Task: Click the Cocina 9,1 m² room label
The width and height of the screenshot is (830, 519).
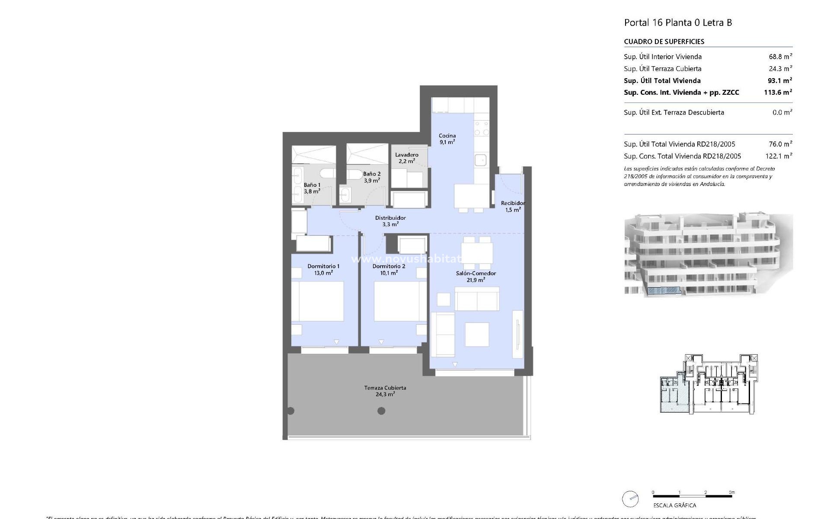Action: (447, 139)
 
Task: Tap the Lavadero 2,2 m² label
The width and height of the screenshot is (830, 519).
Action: (406, 158)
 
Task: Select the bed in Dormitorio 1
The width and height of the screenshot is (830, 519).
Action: (317, 301)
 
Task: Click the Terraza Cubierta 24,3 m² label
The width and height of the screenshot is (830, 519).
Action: (385, 391)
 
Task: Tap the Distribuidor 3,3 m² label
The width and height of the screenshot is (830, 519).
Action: (390, 221)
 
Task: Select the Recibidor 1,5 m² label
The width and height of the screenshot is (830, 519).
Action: (513, 206)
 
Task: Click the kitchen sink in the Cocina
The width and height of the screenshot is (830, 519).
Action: (481, 160)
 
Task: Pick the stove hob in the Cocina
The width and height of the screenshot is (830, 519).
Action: (481, 128)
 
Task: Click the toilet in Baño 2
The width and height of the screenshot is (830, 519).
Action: (355, 175)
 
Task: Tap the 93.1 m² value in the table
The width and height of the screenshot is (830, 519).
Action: (778, 80)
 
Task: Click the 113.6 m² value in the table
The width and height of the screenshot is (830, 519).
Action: (778, 92)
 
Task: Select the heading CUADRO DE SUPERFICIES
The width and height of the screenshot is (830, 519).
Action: (664, 42)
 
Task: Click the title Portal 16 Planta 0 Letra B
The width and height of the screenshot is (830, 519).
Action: (678, 22)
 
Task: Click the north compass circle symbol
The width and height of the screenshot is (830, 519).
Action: (630, 499)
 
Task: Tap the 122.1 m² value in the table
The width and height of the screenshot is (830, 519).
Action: (779, 156)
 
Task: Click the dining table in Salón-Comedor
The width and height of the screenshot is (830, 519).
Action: (476, 253)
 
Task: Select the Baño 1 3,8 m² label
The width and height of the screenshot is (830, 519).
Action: (312, 188)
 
